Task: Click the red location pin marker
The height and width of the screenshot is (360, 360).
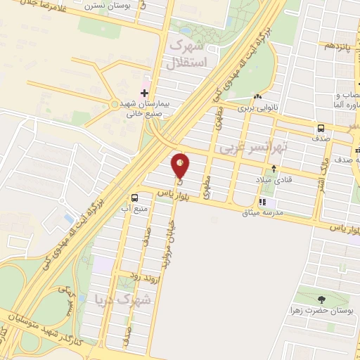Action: click(181, 166)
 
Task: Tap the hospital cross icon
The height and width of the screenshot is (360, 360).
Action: click(144, 93)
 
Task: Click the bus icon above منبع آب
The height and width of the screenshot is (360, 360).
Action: click(135, 197)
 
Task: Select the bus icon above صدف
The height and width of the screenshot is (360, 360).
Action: click(321, 129)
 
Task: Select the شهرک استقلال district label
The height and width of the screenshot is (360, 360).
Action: click(188, 54)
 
